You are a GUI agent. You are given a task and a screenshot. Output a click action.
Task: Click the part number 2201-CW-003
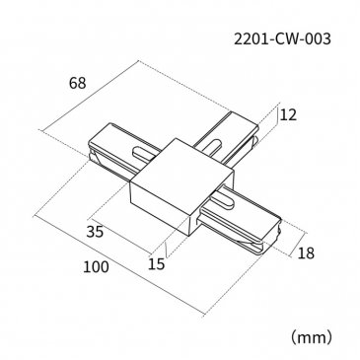pyautogui.click(x=282, y=39)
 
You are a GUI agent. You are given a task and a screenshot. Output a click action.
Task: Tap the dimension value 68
pyautogui.click(x=78, y=83)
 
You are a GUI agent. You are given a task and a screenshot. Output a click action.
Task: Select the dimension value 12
pyautogui.click(x=288, y=114)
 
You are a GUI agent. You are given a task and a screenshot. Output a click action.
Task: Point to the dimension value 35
pyautogui.click(x=95, y=232)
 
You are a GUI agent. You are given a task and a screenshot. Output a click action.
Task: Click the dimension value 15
pyautogui.click(x=156, y=264)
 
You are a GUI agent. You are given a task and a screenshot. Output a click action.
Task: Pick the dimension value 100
pyautogui.click(x=96, y=267)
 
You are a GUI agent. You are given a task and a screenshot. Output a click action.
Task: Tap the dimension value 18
pyautogui.click(x=306, y=253)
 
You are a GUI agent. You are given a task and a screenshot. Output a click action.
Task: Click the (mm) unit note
pyautogui.click(x=311, y=337)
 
